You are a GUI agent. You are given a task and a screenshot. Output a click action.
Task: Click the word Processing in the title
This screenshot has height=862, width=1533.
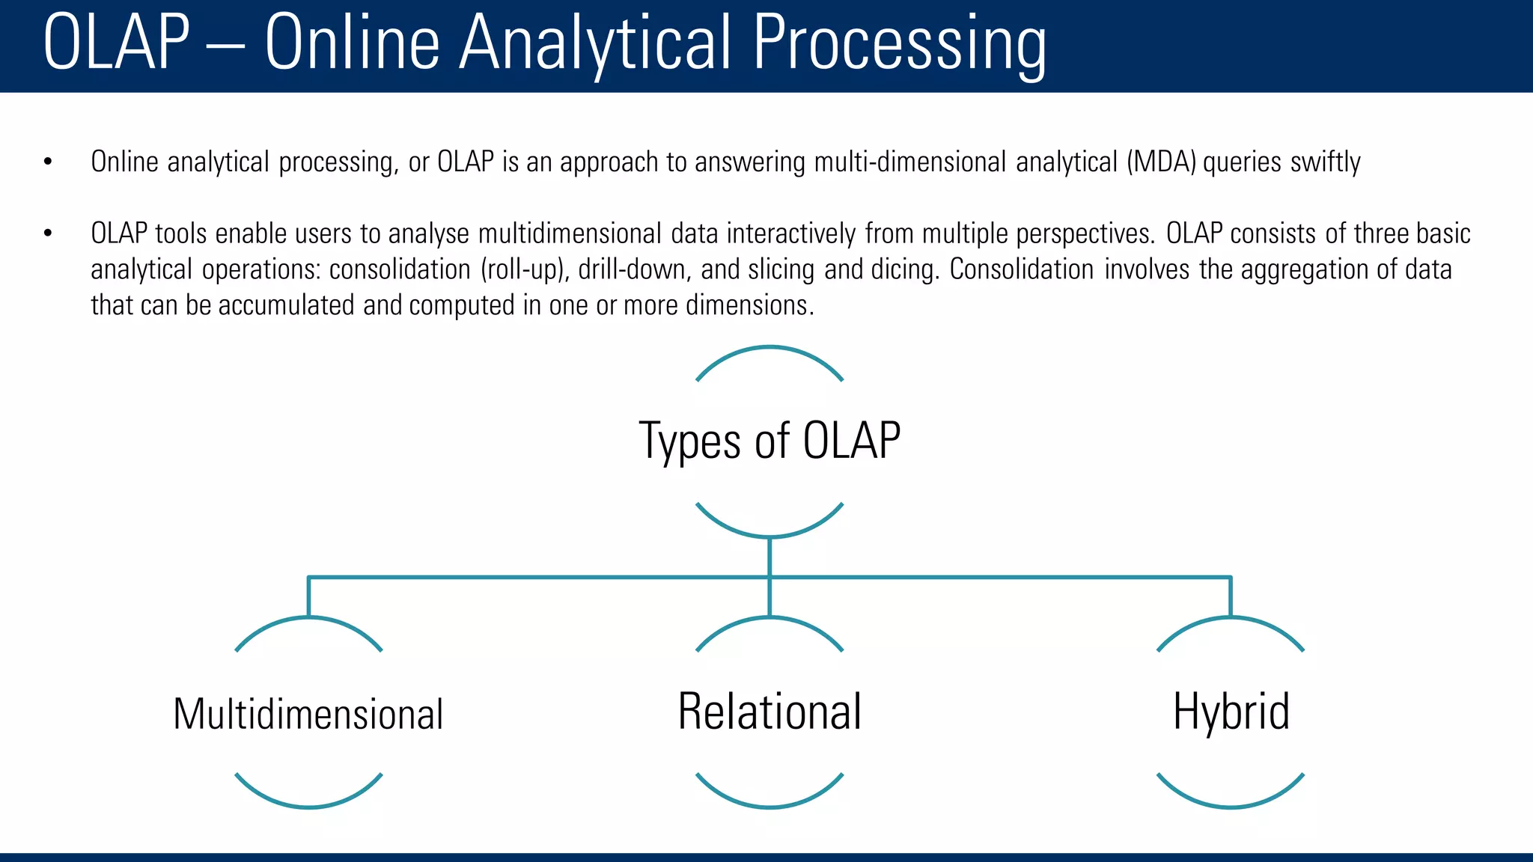point(898,45)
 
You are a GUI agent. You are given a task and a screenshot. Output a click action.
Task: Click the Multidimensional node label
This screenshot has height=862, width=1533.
point(308,714)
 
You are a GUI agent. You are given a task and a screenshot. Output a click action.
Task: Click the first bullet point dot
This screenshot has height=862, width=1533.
point(48,162)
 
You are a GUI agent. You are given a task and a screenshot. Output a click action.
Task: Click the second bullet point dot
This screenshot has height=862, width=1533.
point(48,234)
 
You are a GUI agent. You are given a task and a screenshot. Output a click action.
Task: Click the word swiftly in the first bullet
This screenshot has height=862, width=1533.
point(1325,162)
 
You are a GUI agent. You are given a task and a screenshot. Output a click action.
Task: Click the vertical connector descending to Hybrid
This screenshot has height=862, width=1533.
point(1231,597)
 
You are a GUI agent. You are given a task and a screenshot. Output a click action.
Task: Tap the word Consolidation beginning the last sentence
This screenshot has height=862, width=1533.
point(1022,270)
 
